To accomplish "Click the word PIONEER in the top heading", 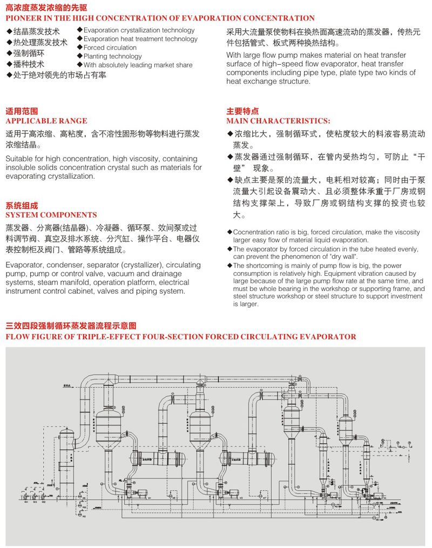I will pos(23,18).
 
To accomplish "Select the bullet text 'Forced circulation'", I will pos(110,48).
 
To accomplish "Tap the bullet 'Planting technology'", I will pos(113,56).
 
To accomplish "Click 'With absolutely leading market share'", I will pos(138,65).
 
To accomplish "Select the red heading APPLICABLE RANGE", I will pos(46,121).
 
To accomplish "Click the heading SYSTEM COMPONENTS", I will pos(51,215).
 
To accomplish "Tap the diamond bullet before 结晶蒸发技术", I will pos(9,31).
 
